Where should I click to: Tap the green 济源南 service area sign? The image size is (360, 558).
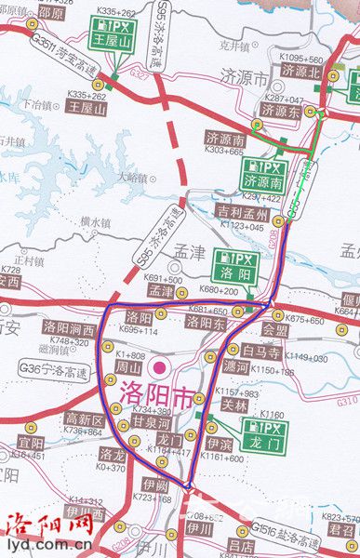click(x=261, y=170)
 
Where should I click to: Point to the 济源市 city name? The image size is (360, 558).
click(x=246, y=75)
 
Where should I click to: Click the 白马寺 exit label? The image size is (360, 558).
click(x=260, y=350)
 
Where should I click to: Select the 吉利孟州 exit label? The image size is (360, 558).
click(x=241, y=213)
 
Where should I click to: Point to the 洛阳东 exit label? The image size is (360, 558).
click(x=205, y=322)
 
